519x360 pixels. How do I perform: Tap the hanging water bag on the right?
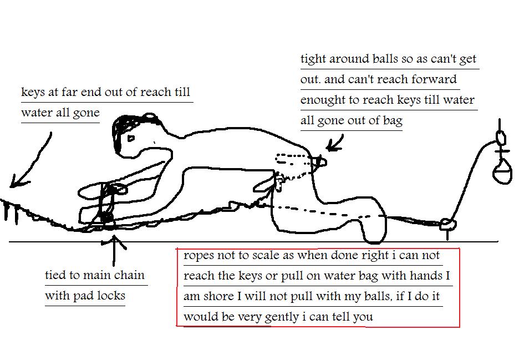[502, 171]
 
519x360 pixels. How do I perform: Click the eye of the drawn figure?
[131, 138]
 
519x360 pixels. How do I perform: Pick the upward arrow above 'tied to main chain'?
[114, 250]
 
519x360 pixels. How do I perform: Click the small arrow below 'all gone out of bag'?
[334, 144]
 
